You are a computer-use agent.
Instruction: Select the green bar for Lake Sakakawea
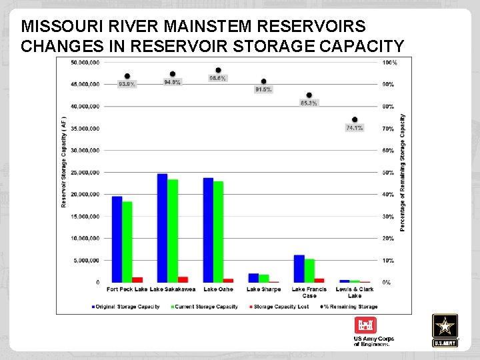pyautogui.click(x=173, y=231)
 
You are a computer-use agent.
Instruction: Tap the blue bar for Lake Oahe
pyautogui.click(x=208, y=229)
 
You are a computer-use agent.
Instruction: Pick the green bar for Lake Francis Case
pyautogui.click(x=309, y=270)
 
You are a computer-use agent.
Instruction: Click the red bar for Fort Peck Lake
pyautogui.click(x=137, y=279)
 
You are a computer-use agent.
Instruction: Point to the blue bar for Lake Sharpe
pyautogui.click(x=253, y=277)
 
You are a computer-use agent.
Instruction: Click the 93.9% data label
pyautogui.click(x=127, y=85)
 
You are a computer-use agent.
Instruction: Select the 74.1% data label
pyautogui.click(x=355, y=128)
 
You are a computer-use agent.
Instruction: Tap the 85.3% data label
pyautogui.click(x=309, y=103)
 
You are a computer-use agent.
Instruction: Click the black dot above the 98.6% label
pyautogui.click(x=218, y=70)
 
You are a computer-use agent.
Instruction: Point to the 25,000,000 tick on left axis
pyautogui.click(x=85, y=173)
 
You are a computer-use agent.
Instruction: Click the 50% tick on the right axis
pyautogui.click(x=387, y=173)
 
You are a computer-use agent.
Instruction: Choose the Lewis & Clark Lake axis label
pyautogui.click(x=355, y=292)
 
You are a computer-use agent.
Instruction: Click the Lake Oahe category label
pyautogui.click(x=218, y=289)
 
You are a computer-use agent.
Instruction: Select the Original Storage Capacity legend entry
pyautogui.click(x=125, y=307)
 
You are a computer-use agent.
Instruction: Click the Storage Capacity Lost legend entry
pyautogui.click(x=280, y=307)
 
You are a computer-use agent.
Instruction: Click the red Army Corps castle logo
pyautogui.click(x=365, y=326)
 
